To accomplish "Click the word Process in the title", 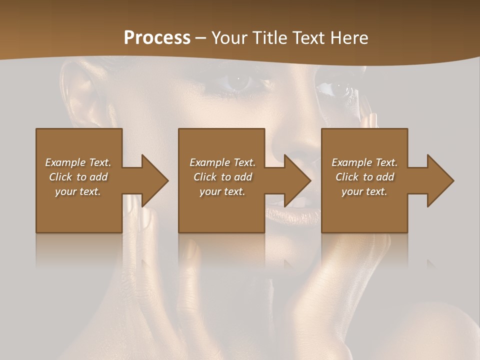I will pyautogui.click(x=157, y=37).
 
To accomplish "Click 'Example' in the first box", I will pyautogui.click(x=65, y=162).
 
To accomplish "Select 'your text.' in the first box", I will pyautogui.click(x=78, y=191).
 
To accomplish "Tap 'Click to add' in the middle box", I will pyautogui.click(x=222, y=177).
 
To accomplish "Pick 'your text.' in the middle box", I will pyautogui.click(x=222, y=191).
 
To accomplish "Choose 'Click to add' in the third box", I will pyautogui.click(x=365, y=177).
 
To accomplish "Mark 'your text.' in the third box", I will pyautogui.click(x=365, y=191).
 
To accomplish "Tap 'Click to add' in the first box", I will pyautogui.click(x=78, y=177).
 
